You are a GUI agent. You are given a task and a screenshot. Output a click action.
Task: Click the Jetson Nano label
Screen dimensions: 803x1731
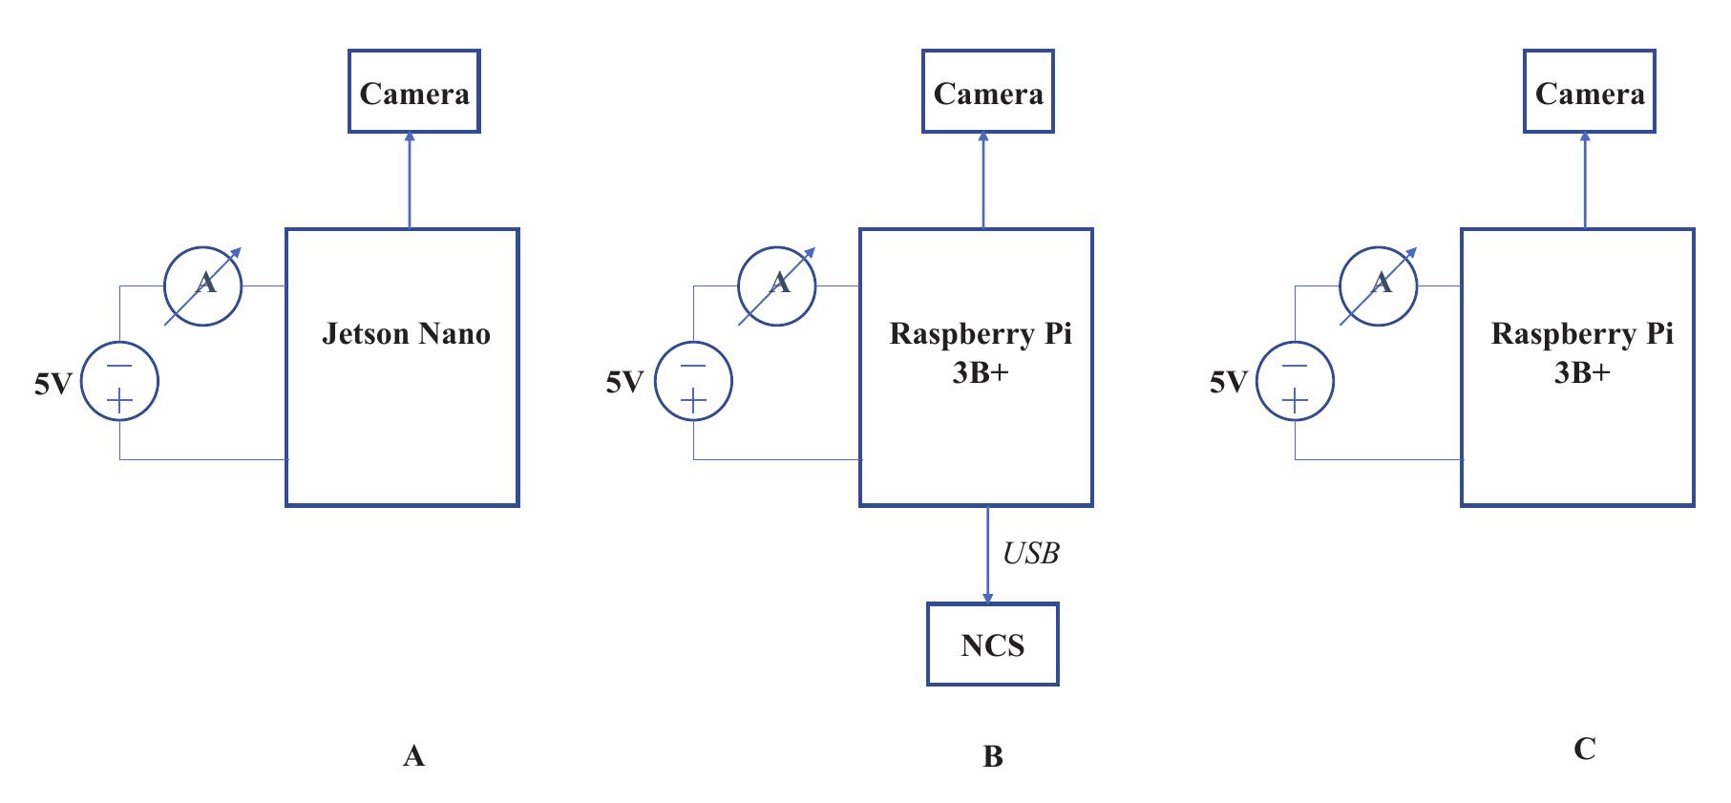click(406, 334)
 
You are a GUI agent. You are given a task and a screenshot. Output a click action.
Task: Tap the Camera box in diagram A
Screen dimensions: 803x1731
click(413, 92)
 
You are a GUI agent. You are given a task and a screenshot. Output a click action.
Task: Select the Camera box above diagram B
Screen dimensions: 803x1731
click(987, 92)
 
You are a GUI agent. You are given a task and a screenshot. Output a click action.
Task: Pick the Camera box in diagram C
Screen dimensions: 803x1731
click(1589, 92)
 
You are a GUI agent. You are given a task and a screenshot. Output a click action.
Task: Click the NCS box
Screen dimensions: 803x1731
click(992, 645)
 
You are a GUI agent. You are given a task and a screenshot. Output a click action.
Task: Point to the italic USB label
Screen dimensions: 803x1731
click(1030, 554)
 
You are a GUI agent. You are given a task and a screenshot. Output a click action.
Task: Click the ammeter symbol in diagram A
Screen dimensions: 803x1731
click(203, 285)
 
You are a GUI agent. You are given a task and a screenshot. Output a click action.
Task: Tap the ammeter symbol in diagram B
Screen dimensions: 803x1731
click(777, 285)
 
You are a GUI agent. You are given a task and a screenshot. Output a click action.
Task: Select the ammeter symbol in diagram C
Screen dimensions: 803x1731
click(1379, 285)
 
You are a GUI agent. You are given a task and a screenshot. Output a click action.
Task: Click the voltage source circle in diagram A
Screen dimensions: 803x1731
click(119, 381)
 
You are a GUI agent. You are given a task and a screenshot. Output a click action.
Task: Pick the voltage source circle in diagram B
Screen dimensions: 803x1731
click(693, 381)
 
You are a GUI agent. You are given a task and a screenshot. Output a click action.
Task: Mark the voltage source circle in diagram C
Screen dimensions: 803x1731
click(1295, 381)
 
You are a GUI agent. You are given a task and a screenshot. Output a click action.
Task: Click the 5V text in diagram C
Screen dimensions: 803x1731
click(1228, 383)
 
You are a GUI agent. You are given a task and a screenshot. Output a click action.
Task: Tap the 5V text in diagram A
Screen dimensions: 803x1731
click(53, 385)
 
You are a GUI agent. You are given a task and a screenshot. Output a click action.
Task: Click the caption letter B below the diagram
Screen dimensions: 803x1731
click(992, 757)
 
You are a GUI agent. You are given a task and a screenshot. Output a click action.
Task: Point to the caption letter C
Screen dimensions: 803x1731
click(1584, 750)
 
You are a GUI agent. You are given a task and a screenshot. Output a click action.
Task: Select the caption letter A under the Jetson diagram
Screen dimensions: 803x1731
click(413, 757)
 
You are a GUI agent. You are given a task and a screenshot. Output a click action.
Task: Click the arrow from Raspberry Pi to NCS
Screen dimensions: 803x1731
click(987, 554)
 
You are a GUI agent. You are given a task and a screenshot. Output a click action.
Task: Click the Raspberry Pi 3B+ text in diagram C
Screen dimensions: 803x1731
click(1581, 352)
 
